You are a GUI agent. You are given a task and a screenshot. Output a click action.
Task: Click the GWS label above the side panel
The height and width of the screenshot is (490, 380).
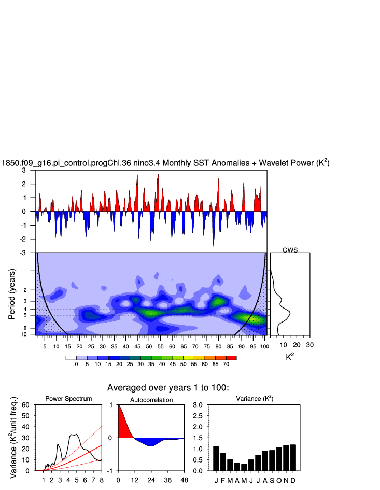[290, 250]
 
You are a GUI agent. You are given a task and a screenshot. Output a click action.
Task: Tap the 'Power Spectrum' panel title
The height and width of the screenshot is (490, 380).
[68, 399]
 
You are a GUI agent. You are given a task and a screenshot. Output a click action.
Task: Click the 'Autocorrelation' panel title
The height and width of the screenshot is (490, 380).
[151, 400]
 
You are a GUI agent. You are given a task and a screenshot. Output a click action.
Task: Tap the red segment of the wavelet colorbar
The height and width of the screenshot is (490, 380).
[231, 358]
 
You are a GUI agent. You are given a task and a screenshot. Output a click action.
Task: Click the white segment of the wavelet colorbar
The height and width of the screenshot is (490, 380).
[71, 358]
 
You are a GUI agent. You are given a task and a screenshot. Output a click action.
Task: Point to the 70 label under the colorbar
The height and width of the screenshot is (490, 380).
[226, 365]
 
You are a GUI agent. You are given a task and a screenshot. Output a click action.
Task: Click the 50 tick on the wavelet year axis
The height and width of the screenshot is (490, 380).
[149, 346]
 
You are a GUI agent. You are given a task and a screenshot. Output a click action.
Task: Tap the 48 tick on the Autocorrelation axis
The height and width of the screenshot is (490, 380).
[184, 480]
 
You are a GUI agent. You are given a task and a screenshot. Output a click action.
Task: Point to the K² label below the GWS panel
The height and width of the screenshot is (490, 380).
[290, 357]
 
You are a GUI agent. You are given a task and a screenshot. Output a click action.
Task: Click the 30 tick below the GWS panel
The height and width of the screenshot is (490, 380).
[309, 345]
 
